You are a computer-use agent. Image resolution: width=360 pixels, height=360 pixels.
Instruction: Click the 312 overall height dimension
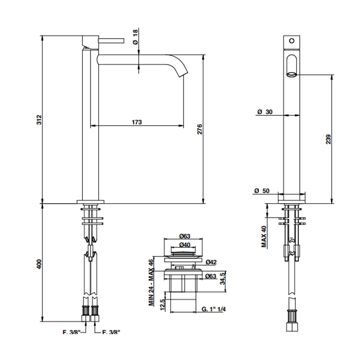[40, 120]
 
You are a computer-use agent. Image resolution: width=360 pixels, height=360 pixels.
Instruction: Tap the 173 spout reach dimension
[137, 122]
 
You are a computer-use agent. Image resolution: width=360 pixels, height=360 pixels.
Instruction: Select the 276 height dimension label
[200, 129]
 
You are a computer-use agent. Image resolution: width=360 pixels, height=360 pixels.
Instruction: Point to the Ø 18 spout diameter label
[135, 37]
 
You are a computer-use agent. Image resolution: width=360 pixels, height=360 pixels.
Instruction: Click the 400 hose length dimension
[40, 264]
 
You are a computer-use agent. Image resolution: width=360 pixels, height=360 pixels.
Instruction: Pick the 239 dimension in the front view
[328, 139]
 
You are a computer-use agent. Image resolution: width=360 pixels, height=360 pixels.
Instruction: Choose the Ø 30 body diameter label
[265, 112]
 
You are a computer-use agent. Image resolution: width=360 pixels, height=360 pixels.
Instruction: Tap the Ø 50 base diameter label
[262, 191]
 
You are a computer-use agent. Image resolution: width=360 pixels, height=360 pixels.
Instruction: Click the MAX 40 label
[264, 237]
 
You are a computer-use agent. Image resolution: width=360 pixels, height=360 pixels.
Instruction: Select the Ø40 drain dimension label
[185, 245]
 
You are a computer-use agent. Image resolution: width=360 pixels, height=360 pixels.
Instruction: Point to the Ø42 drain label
[211, 262]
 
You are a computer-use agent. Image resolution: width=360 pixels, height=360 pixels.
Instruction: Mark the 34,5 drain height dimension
[223, 278]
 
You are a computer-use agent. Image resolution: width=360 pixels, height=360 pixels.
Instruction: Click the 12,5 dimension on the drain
[163, 304]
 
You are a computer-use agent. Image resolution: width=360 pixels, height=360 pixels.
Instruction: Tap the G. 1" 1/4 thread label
[213, 309]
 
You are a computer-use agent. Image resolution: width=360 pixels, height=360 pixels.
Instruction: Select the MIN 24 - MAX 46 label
[151, 282]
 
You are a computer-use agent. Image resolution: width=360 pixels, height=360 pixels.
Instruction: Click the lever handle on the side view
[112, 41]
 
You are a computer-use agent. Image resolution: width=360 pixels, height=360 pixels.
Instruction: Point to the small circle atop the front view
[292, 41]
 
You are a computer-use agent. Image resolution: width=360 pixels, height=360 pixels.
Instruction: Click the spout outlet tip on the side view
[183, 74]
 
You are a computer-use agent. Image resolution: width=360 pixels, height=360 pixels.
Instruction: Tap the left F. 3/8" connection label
[71, 332]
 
